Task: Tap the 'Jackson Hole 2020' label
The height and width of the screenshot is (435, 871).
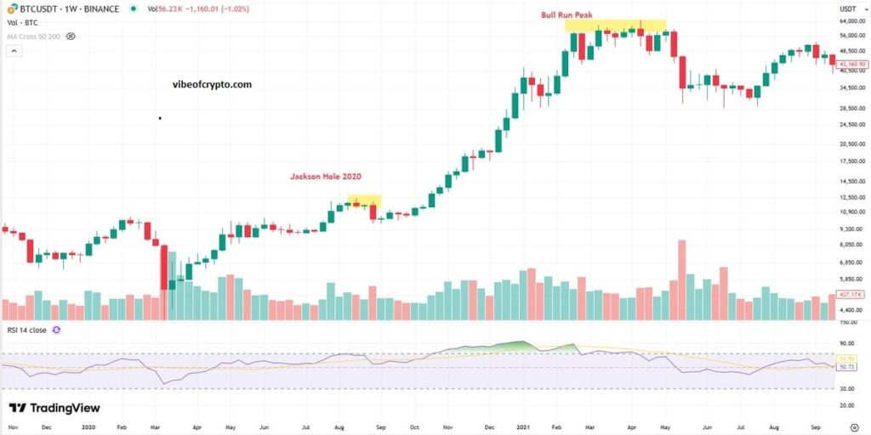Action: (326, 177)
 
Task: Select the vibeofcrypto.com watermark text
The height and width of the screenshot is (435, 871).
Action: (212, 85)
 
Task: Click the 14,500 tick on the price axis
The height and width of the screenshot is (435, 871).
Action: (848, 181)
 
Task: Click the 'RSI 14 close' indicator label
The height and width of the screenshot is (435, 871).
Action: (26, 329)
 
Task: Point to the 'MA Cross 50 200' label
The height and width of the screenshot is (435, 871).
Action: (33, 37)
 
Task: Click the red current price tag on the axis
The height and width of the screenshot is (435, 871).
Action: (851, 64)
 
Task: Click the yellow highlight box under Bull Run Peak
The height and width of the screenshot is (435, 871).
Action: (615, 25)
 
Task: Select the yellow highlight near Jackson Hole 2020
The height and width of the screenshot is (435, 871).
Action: (364, 200)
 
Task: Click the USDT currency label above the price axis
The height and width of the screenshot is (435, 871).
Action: (847, 8)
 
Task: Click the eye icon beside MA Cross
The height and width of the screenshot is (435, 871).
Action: (71, 37)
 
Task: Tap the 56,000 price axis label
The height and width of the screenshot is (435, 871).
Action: (848, 36)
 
